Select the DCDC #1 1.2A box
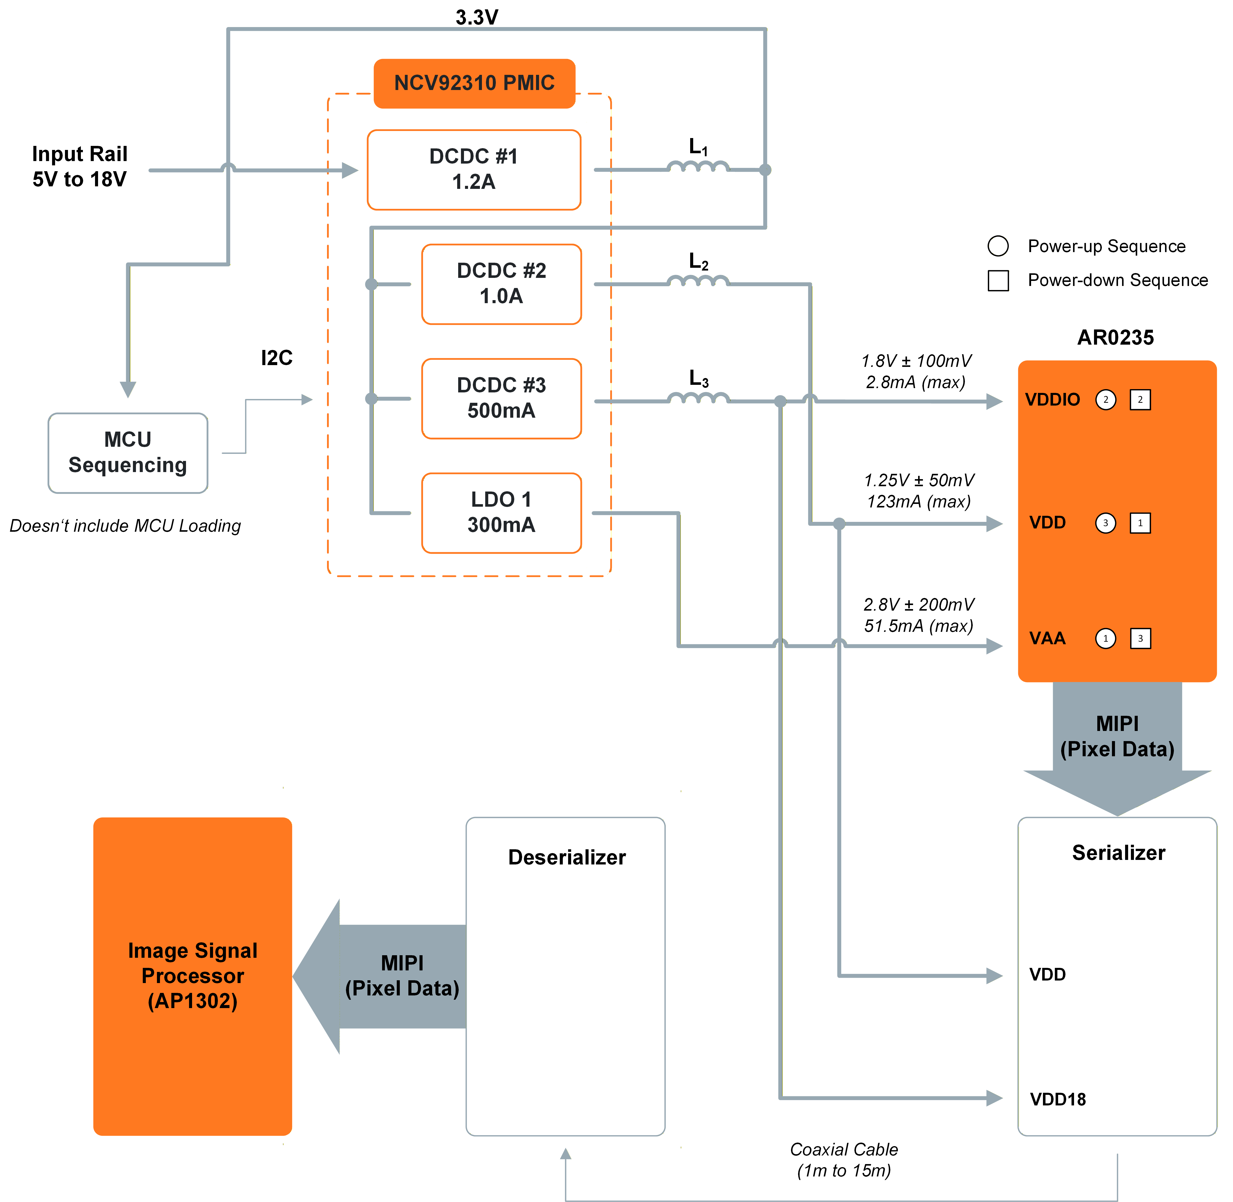pyautogui.click(x=474, y=169)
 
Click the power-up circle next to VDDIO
pyautogui.click(x=1106, y=400)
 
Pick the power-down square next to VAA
pyautogui.click(x=1140, y=638)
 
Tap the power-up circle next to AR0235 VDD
pyautogui.click(x=1106, y=523)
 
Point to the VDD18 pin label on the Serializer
pyautogui.click(x=1058, y=1099)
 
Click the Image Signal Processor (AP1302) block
pyautogui.click(x=193, y=976)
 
